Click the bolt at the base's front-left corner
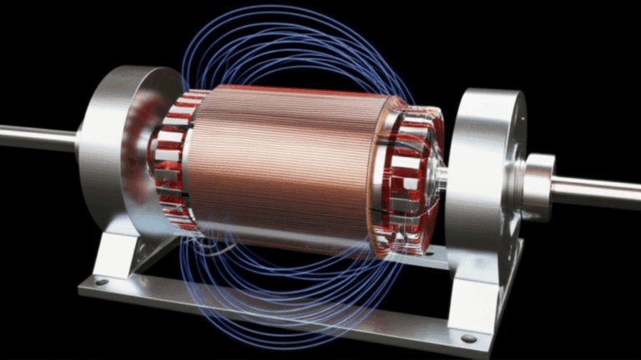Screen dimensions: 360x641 click(x=102, y=282)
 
